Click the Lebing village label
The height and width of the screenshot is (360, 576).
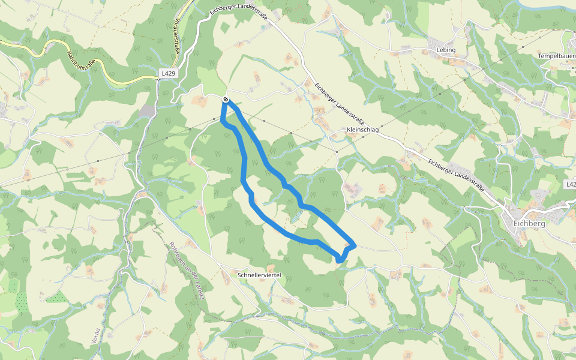(446, 50)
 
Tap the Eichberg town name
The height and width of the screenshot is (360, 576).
(529, 223)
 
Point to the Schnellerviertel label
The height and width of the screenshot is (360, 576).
(259, 275)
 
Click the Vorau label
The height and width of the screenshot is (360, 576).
(95, 337)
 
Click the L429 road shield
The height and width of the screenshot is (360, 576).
(169, 73)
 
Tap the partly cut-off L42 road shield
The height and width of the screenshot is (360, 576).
(571, 184)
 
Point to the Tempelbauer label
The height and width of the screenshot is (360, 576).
(557, 56)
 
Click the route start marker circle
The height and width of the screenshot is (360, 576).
(225, 99)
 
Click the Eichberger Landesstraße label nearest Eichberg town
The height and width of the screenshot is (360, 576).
(460, 173)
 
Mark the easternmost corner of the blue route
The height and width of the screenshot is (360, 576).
(356, 245)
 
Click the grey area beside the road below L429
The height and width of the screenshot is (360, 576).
(148, 112)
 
